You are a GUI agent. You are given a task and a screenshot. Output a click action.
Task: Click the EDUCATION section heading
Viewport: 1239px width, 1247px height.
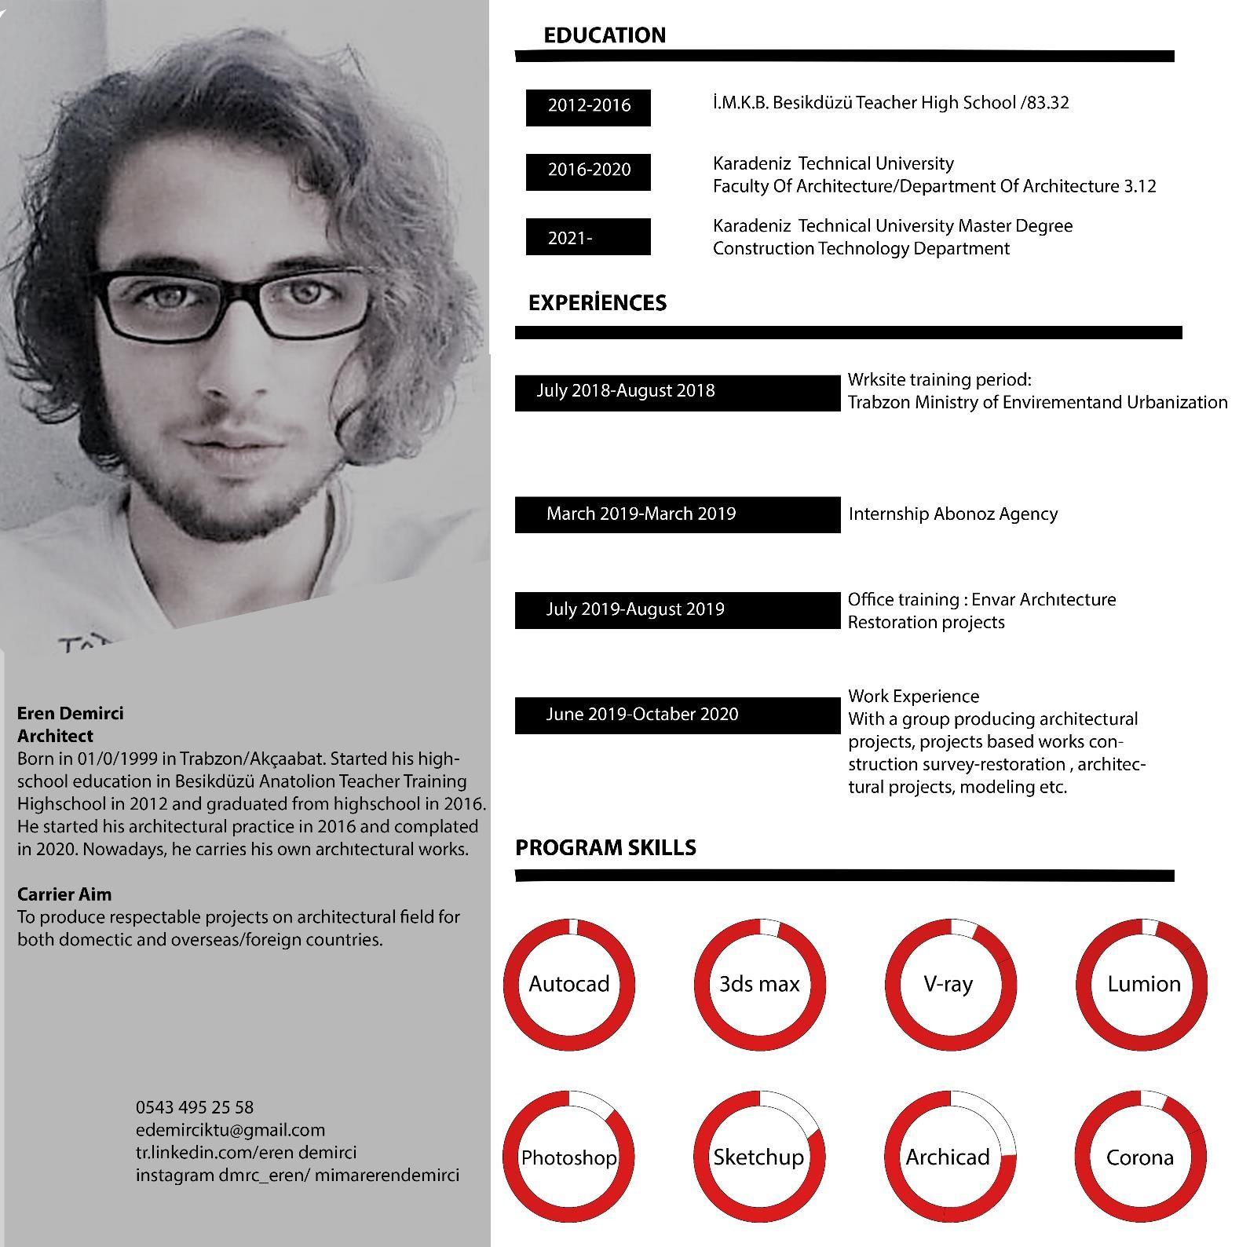pos(605,35)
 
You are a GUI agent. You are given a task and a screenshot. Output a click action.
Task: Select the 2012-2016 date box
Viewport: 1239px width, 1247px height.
pos(588,106)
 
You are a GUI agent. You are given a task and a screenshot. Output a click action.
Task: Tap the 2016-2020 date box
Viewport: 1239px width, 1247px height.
pos(588,170)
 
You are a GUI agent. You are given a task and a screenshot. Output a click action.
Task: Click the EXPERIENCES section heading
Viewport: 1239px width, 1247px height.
pos(597,303)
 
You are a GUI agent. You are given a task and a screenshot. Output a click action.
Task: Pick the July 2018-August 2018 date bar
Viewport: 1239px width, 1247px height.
pos(677,392)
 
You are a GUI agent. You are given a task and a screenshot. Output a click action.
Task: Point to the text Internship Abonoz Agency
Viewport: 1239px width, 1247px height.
pos(952,514)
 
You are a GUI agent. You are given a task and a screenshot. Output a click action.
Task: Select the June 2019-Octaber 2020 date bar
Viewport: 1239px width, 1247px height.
pos(677,715)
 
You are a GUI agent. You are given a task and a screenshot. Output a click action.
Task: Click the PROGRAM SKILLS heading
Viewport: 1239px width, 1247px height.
pos(605,848)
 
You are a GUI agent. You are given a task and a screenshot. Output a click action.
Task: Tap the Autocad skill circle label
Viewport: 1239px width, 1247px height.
pos(569,984)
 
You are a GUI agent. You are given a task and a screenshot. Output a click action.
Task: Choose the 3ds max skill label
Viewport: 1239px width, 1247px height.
pos(759,984)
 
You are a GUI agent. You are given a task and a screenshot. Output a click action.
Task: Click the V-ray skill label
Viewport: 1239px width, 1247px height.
pos(948,984)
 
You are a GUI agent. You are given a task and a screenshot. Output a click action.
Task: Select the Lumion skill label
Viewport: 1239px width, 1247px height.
pos(1143,984)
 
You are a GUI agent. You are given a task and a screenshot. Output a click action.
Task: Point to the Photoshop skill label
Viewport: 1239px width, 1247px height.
pos(569,1157)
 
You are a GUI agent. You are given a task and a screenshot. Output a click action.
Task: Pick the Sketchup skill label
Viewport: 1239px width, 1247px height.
pos(758,1157)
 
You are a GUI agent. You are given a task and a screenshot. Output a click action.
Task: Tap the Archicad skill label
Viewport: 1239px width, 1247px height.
pos(948,1157)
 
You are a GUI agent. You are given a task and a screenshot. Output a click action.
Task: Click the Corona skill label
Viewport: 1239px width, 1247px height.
pos(1139,1157)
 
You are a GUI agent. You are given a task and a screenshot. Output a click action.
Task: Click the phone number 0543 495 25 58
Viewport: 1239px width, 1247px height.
pos(195,1107)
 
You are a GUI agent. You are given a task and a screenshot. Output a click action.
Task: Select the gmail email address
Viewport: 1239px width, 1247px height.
pos(230,1130)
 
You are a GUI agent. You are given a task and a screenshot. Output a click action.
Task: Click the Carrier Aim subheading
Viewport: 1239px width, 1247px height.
pos(64,894)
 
